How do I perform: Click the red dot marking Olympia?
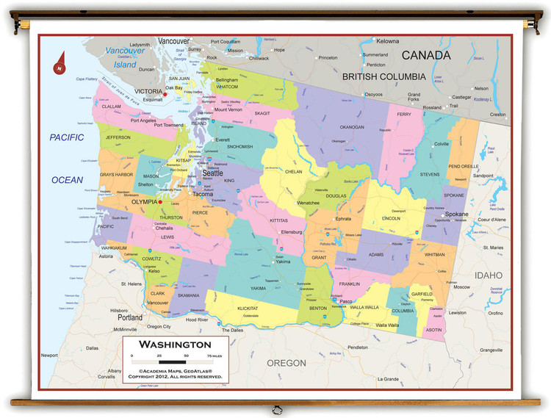point(160,201)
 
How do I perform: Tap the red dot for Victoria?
point(165,93)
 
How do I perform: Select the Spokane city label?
point(456,215)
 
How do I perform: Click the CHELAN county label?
point(294,171)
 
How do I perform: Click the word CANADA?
point(425,55)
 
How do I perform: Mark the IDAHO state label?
point(487,275)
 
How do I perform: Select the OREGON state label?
point(286,363)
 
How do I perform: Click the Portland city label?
point(130,317)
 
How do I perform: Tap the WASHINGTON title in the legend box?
point(175,345)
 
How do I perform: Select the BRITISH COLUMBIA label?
point(383,76)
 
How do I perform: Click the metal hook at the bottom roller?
point(275,410)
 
